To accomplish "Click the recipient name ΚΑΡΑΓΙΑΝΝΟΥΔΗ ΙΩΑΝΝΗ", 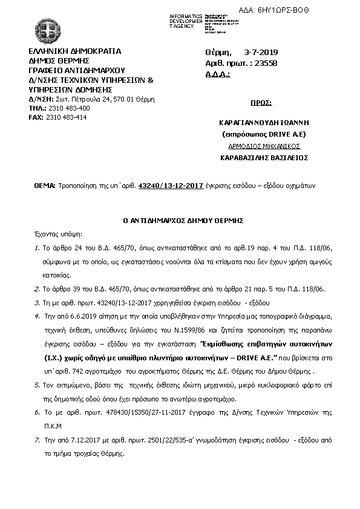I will coord(261,122).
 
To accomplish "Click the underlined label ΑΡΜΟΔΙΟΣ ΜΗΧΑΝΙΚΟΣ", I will coord(261,146).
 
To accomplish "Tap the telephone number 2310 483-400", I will coord(68,108).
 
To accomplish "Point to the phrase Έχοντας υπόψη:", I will coord(59,233).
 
